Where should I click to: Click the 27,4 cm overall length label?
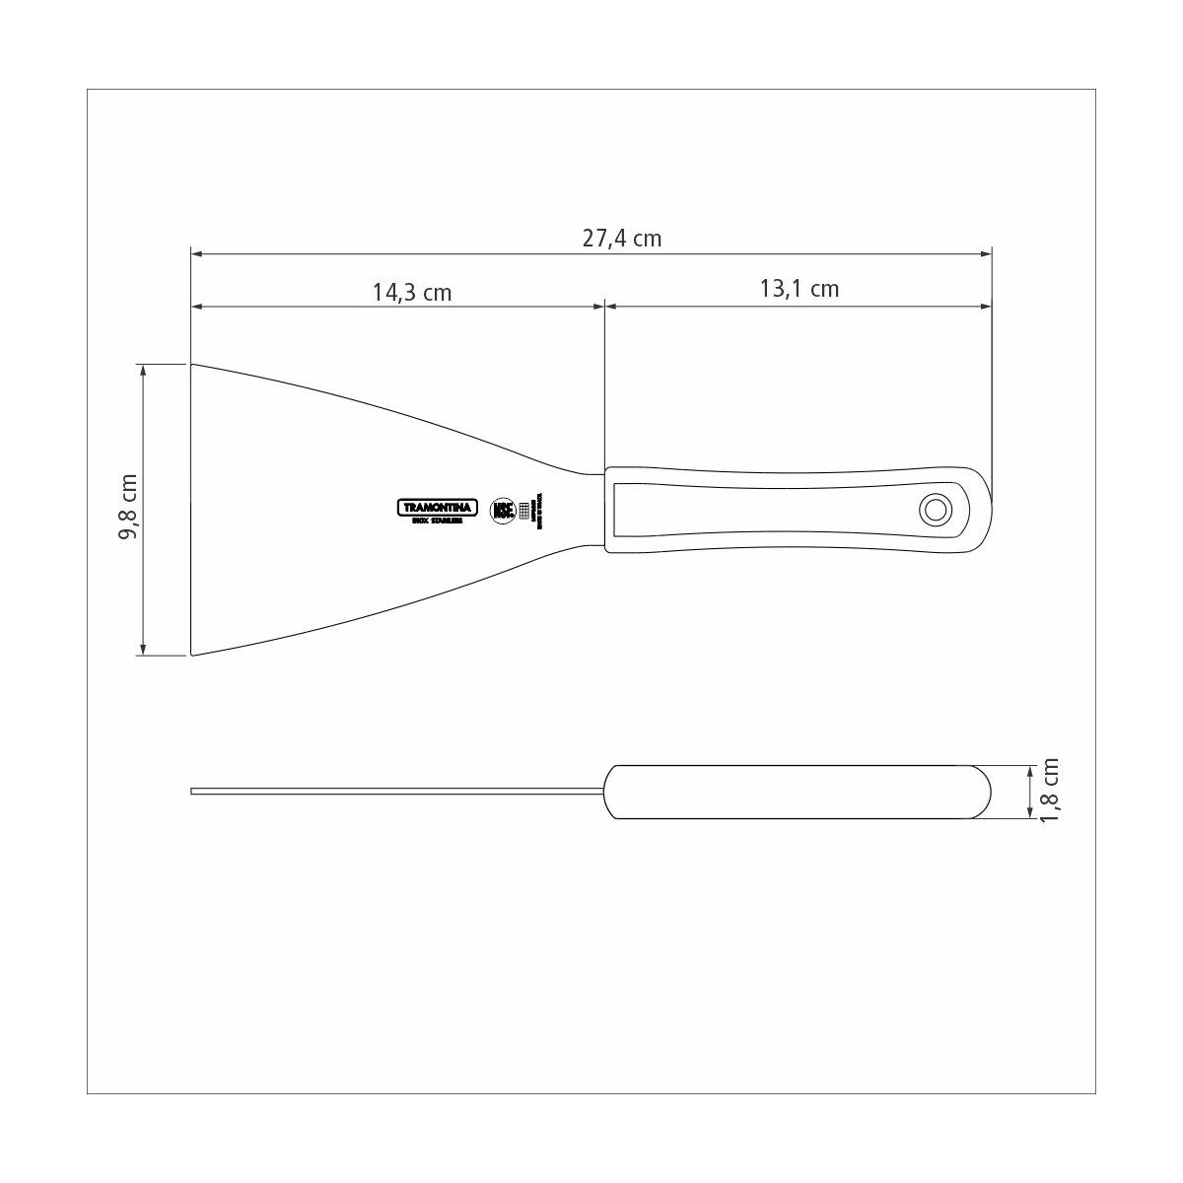coord(621,239)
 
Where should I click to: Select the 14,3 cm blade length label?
coord(411,292)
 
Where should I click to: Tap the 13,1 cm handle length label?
coord(799,288)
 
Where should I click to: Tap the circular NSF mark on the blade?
coord(503,509)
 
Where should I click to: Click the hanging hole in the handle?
coord(933,510)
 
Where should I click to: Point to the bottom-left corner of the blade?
coord(192,654)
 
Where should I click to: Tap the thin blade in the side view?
coord(394,791)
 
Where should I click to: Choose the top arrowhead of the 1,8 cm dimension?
coord(1031,769)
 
